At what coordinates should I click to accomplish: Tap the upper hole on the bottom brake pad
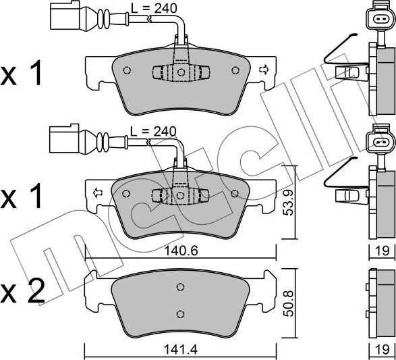click(x=180, y=287)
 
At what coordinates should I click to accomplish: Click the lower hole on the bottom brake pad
click(x=180, y=313)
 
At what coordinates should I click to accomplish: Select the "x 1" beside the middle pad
click(x=23, y=197)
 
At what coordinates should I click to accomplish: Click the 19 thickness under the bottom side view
click(x=382, y=351)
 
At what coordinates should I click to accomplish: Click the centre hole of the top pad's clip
click(x=181, y=72)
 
